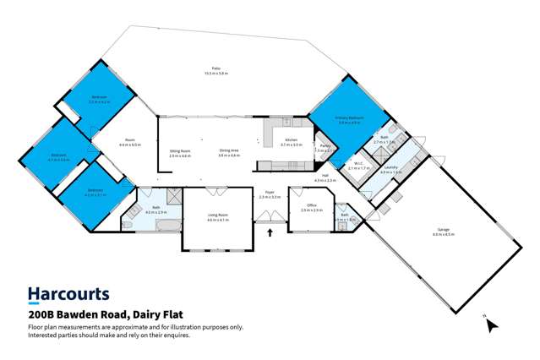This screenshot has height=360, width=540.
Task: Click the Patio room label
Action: (x=216, y=70)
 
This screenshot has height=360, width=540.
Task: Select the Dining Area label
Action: (x=229, y=152)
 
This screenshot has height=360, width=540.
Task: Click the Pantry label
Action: (x=324, y=147)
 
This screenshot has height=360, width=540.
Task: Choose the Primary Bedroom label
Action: (x=348, y=119)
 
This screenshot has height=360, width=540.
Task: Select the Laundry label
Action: (x=390, y=169)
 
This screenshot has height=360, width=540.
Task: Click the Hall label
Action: (x=325, y=177)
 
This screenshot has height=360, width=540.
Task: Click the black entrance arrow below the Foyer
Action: (x=270, y=232)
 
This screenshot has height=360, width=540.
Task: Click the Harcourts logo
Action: (x=68, y=294)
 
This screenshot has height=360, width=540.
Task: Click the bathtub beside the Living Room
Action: (x=163, y=225)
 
